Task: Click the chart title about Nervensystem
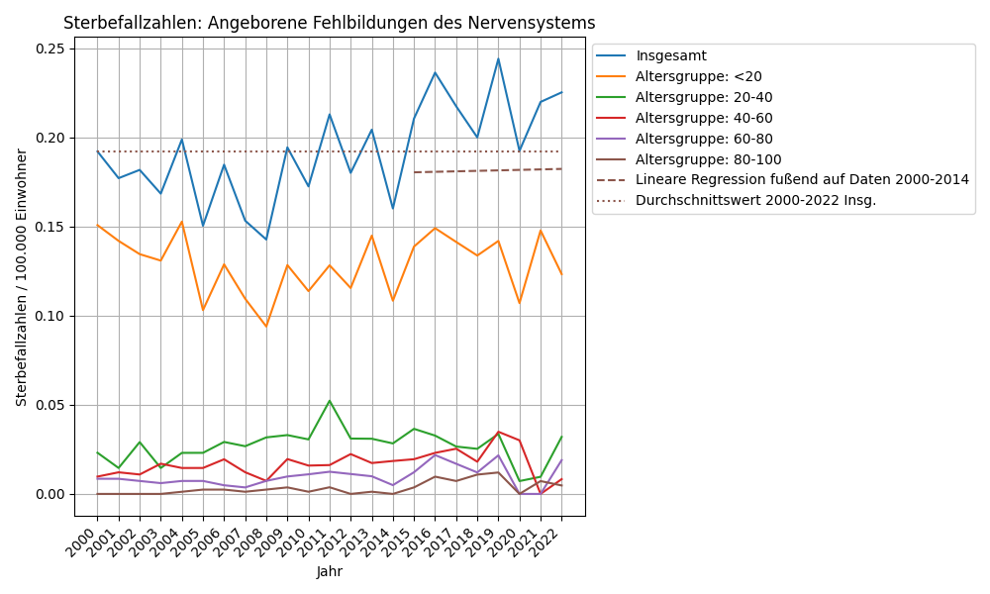point(329,23)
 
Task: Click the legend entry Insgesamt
point(670,56)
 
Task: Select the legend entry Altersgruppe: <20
point(698,76)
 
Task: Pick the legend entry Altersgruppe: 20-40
point(704,97)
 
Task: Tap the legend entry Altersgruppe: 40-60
point(704,118)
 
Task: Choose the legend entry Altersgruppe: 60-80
point(704,139)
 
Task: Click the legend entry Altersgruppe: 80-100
point(708,159)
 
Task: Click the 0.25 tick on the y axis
point(50,49)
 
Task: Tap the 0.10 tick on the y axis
point(50,316)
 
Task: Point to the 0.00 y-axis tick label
point(50,494)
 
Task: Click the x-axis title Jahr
point(329,572)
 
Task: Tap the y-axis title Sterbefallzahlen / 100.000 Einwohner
point(22,277)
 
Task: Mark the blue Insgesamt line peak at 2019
point(498,58)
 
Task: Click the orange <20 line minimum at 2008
point(266,326)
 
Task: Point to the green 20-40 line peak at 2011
point(330,401)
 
